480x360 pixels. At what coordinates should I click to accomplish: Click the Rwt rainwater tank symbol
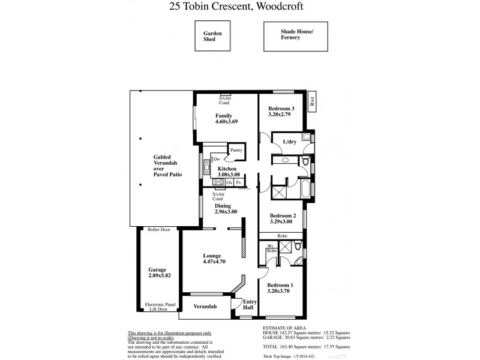(311, 102)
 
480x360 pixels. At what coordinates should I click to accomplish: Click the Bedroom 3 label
(281, 108)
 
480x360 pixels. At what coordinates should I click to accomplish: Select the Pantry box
(236, 150)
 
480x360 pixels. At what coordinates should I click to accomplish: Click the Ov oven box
(229, 182)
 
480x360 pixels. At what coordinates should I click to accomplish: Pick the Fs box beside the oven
(239, 182)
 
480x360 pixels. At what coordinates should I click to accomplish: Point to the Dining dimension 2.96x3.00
(227, 212)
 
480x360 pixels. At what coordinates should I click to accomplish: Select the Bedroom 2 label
(281, 215)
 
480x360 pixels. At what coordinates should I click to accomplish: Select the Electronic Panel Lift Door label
(159, 307)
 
